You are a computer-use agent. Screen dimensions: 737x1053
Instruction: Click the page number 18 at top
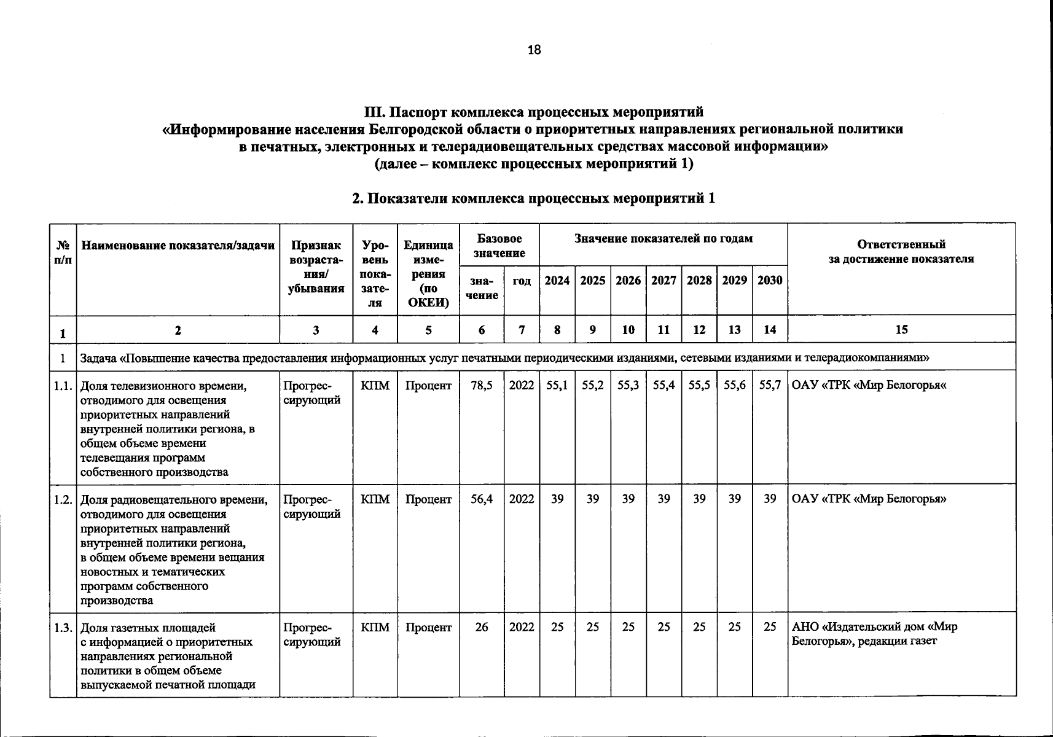tap(534, 50)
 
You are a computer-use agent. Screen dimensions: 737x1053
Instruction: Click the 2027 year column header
tap(664, 281)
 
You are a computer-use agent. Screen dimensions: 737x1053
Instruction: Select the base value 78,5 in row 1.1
tap(482, 386)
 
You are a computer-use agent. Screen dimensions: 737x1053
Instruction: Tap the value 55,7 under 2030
tap(770, 386)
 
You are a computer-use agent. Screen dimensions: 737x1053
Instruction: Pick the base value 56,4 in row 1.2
tap(482, 499)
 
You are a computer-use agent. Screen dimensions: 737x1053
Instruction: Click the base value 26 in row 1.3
tap(482, 627)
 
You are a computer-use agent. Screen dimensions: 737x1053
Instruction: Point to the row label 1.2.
tap(63, 499)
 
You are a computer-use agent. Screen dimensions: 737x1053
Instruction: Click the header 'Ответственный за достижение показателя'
tap(901, 252)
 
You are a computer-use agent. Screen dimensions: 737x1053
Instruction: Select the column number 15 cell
tap(901, 330)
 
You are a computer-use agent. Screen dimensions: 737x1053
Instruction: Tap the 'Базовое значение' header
tap(499, 246)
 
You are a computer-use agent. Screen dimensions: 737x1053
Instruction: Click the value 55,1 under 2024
tap(557, 386)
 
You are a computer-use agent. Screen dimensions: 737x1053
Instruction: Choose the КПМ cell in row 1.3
tap(375, 627)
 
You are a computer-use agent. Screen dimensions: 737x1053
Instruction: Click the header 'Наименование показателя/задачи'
tap(178, 246)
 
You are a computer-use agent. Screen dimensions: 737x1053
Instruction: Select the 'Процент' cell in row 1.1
tap(428, 386)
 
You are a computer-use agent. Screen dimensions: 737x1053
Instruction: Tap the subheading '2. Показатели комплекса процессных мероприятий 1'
tap(533, 198)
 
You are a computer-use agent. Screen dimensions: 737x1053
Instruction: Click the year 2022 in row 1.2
tap(522, 499)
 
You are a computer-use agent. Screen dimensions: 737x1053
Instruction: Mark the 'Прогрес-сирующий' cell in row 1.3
tap(312, 634)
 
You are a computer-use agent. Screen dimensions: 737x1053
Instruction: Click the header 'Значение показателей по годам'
tap(663, 238)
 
